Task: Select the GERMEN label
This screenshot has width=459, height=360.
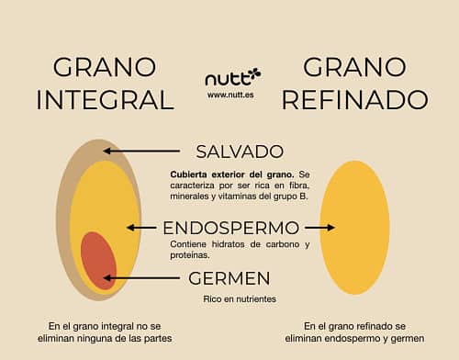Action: (x=230, y=277)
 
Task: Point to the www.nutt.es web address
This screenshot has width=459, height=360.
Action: (x=230, y=94)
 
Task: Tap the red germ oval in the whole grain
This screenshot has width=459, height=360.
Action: (x=98, y=261)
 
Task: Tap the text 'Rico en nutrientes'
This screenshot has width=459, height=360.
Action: (x=240, y=299)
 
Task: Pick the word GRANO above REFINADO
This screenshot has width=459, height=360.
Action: (x=353, y=67)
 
